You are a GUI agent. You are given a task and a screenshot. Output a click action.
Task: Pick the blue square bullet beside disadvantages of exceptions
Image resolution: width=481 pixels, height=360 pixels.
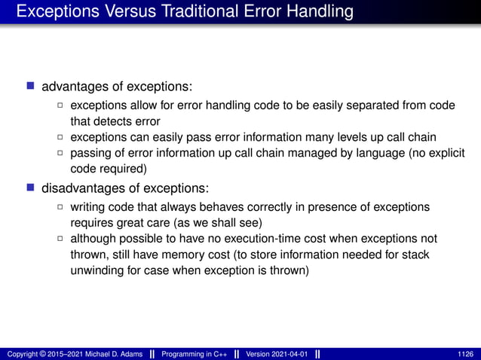(x=31, y=186)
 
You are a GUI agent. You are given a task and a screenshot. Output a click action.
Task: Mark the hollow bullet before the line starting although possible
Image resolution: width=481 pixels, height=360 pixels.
(x=60, y=239)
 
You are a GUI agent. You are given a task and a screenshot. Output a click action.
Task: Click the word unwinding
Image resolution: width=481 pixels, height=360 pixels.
(x=97, y=270)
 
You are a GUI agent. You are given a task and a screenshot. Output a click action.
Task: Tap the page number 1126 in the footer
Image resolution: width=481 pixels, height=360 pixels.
(x=465, y=353)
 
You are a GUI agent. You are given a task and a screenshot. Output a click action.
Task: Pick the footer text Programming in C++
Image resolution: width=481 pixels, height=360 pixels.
(x=195, y=353)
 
